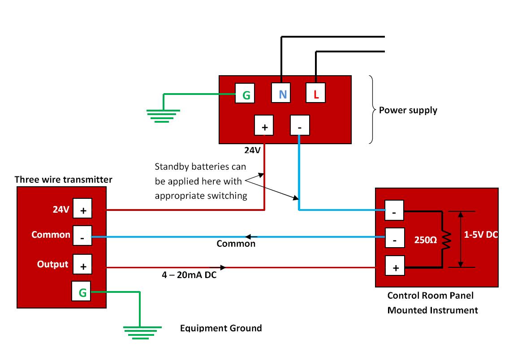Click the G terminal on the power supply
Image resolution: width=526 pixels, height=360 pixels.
(245, 93)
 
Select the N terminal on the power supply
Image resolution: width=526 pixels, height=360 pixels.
(281, 93)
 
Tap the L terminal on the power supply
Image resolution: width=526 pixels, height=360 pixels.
(315, 93)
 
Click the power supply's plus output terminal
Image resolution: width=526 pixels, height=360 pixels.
(263, 125)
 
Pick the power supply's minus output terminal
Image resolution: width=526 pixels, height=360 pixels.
(300, 125)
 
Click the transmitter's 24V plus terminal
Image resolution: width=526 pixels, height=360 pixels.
(82, 208)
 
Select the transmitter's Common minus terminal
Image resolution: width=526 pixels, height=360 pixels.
(82, 236)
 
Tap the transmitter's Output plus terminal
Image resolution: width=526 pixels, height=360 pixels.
(82, 265)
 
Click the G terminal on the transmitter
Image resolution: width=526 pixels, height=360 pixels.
(81, 291)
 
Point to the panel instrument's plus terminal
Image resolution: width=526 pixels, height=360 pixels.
(395, 266)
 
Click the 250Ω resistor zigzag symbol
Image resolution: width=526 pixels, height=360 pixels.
(446, 240)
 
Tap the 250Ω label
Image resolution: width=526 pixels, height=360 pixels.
(425, 240)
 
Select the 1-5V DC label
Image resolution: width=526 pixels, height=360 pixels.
(481, 235)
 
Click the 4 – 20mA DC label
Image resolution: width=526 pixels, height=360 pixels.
(189, 275)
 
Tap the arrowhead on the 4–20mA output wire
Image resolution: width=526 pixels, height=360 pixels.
(223, 267)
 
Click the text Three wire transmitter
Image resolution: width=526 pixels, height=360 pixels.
(64, 180)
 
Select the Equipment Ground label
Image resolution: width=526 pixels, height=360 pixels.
(221, 328)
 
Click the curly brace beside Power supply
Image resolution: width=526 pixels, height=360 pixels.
(372, 110)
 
